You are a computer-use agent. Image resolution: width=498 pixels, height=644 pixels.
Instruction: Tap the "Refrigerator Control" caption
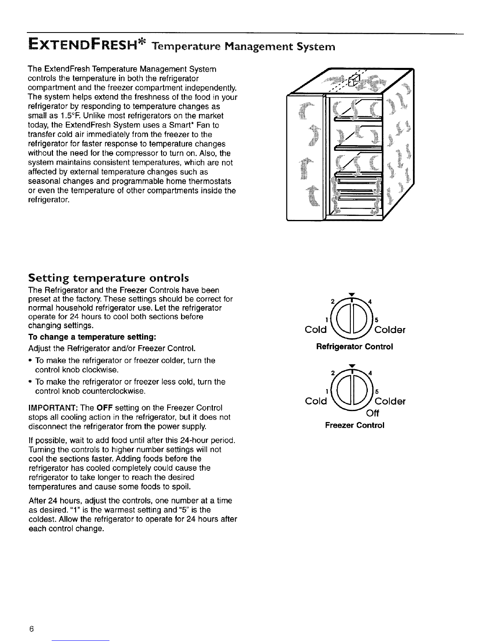(x=354, y=347)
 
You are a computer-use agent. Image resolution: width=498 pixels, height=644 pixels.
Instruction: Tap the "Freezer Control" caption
(x=354, y=425)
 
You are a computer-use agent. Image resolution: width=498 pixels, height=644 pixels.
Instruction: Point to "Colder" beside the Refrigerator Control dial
(x=391, y=330)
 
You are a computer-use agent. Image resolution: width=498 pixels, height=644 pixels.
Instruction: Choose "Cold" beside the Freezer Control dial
(x=316, y=402)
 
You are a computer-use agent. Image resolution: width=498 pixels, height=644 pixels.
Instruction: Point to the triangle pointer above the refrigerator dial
(x=353, y=294)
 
